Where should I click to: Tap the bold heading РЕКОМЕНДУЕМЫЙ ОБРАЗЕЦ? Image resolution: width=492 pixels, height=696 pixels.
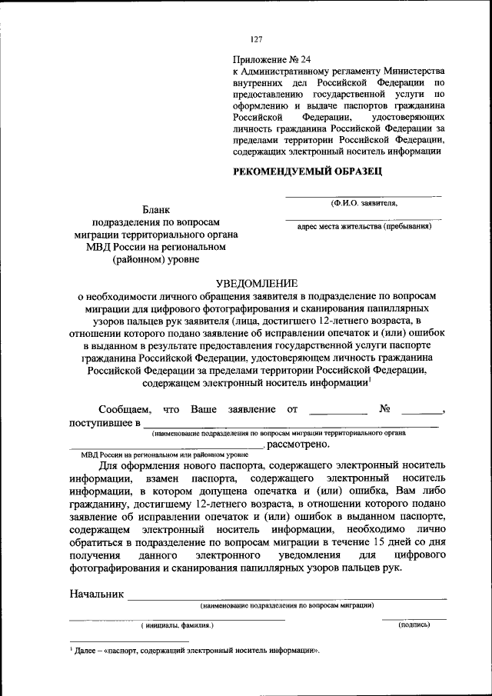(x=307, y=172)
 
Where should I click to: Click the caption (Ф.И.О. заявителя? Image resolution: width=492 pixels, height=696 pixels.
(x=364, y=203)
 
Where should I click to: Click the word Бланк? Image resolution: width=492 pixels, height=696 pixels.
(x=156, y=209)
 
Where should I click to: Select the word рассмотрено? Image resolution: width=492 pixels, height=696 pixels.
(x=299, y=444)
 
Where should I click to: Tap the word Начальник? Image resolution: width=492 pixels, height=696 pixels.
(x=96, y=594)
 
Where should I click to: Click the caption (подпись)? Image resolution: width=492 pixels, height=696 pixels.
(x=414, y=625)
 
